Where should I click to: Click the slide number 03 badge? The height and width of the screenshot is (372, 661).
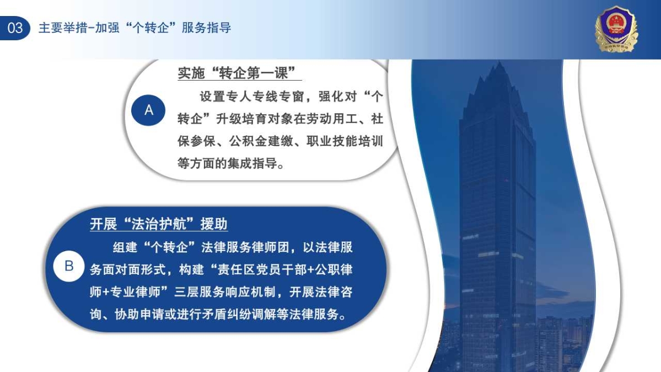pyautogui.click(x=15, y=28)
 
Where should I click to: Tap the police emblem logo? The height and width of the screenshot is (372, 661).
pyautogui.click(x=616, y=29)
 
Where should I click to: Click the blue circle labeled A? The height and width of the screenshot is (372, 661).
pyautogui.click(x=148, y=110)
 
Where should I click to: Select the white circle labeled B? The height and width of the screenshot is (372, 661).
pyautogui.click(x=69, y=266)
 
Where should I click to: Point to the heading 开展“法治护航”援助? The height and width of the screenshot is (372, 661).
pyautogui.click(x=159, y=224)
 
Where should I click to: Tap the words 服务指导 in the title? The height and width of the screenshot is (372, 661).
pyautogui.click(x=207, y=28)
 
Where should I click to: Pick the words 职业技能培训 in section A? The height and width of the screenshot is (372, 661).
pyautogui.click(x=345, y=141)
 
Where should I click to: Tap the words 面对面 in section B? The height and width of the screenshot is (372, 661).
pyautogui.click(x=121, y=269)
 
